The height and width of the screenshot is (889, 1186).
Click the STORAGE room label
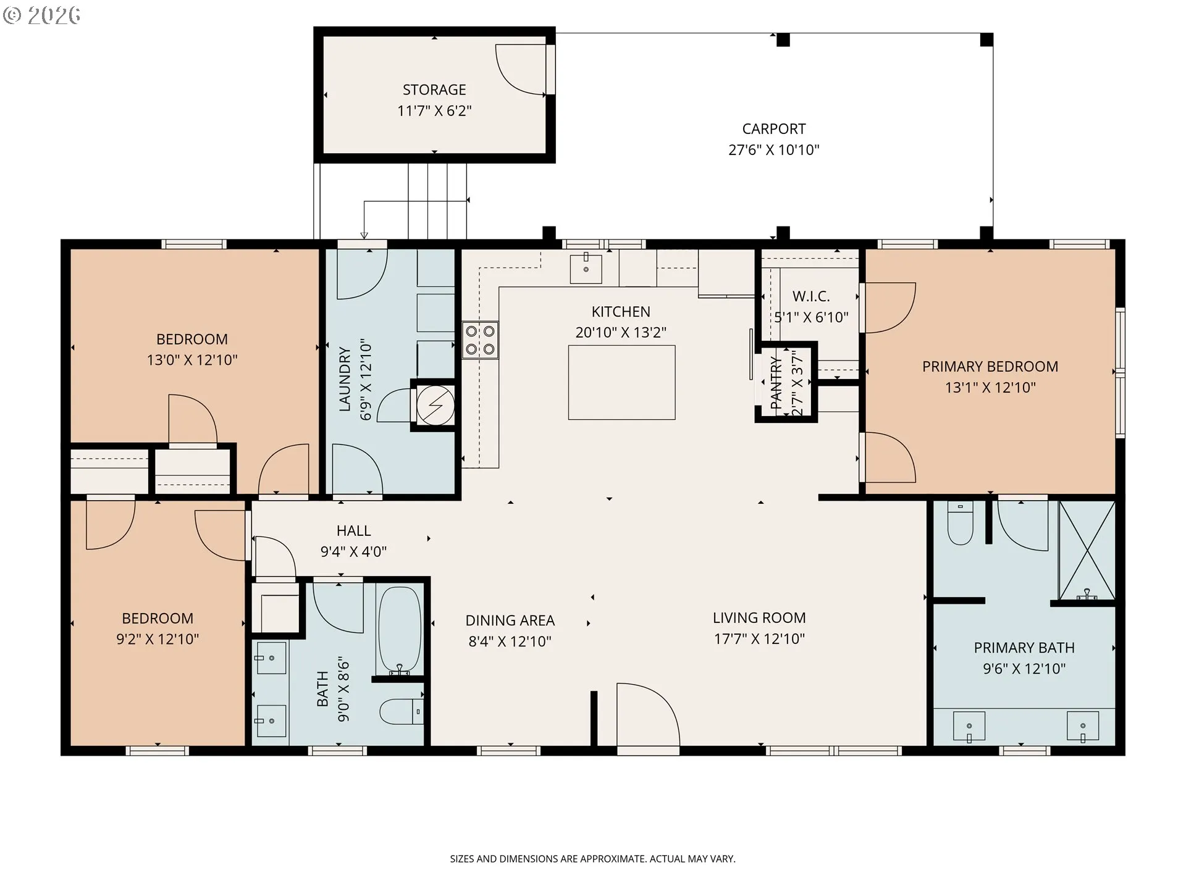434,90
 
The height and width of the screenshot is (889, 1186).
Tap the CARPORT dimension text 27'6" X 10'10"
774,150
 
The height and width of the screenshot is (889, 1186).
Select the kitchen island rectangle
621,383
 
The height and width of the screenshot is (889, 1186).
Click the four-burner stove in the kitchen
480,340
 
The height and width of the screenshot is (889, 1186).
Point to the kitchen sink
586,268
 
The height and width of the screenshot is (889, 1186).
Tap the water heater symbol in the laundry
435,406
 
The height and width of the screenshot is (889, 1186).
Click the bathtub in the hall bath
400,630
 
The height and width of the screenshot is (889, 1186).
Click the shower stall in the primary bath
1087,550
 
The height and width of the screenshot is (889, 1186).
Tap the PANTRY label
776,383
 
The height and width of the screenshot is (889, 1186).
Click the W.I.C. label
811,296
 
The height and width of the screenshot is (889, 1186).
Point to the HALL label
353,531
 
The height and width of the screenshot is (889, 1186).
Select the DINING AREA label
510,620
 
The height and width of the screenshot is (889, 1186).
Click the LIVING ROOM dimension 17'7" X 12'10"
759,639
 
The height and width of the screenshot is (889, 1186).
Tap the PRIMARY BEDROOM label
990,367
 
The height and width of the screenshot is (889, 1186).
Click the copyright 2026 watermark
41,15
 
